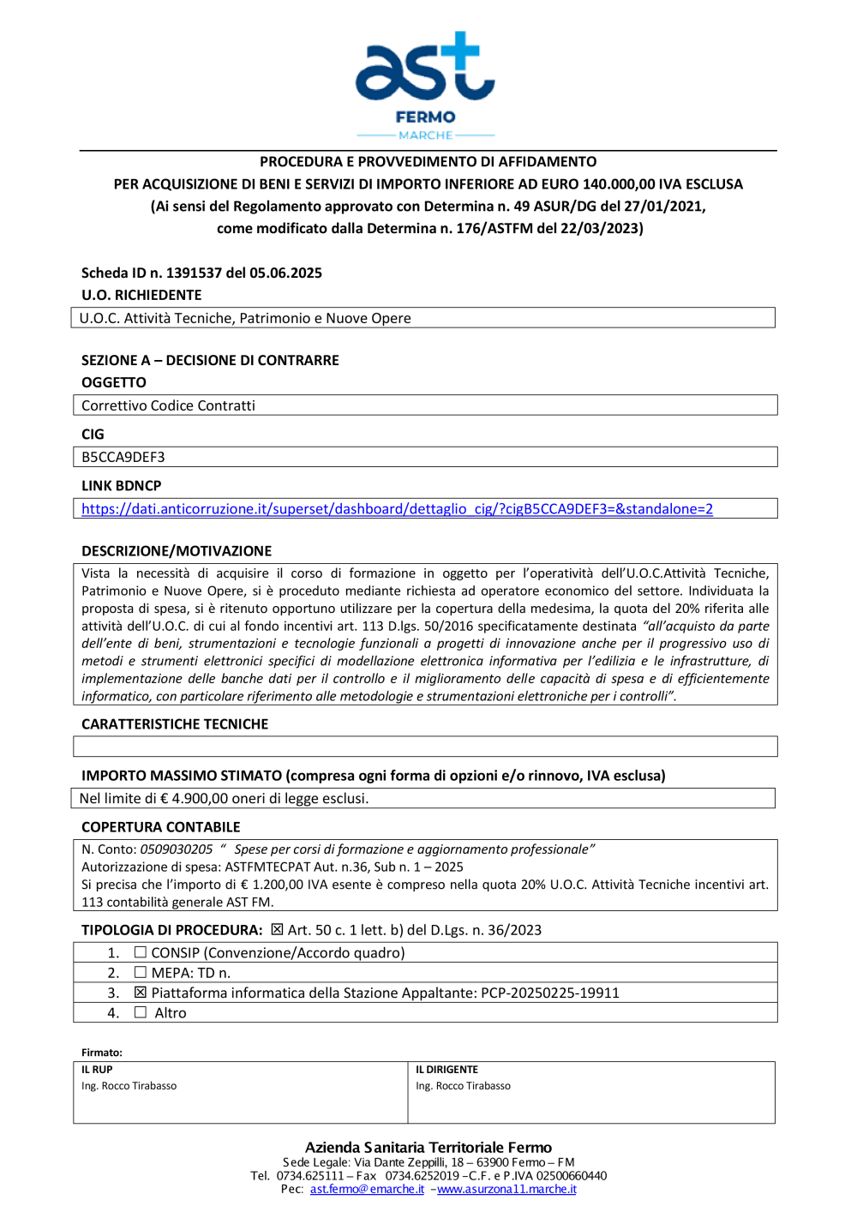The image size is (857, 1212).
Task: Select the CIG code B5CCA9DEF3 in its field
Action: coord(123,458)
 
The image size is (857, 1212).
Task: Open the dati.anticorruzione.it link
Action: coord(397,509)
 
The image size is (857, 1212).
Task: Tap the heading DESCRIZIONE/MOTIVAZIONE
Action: coord(177,551)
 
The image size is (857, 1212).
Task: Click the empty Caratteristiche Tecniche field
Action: coord(425,747)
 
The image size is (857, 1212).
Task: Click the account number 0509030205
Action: coord(177,849)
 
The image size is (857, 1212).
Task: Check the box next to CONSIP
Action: coord(141,952)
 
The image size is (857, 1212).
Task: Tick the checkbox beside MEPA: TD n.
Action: coord(141,973)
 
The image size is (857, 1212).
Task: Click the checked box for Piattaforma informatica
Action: coord(141,993)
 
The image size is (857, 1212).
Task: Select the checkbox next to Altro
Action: coord(141,1012)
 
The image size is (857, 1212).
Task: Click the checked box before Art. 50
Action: coord(277,930)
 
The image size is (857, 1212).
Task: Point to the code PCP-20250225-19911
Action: coord(550,993)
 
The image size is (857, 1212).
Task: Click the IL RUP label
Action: coord(97,1070)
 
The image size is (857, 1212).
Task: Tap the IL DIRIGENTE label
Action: coord(446,1070)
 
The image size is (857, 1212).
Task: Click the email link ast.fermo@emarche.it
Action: coord(367,1190)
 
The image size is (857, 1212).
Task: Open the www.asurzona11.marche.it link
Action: coord(506,1190)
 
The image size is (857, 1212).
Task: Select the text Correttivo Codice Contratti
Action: coord(168,406)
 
